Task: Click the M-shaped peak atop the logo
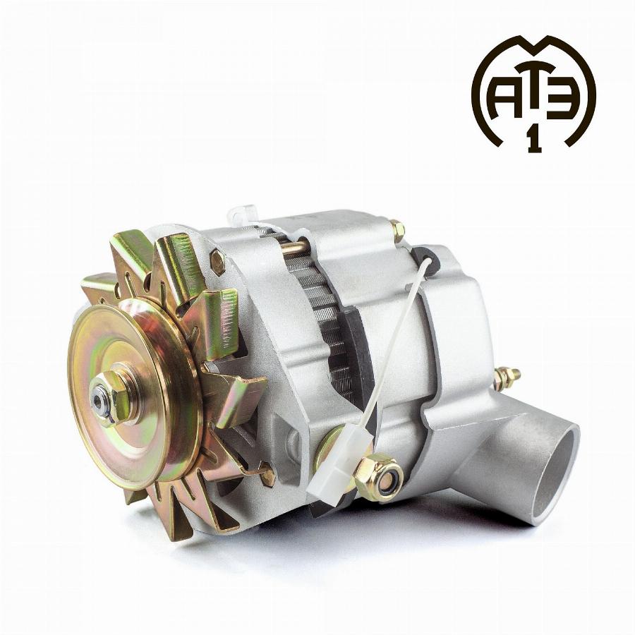[x=534, y=45]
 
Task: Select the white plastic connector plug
[x=341, y=461]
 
